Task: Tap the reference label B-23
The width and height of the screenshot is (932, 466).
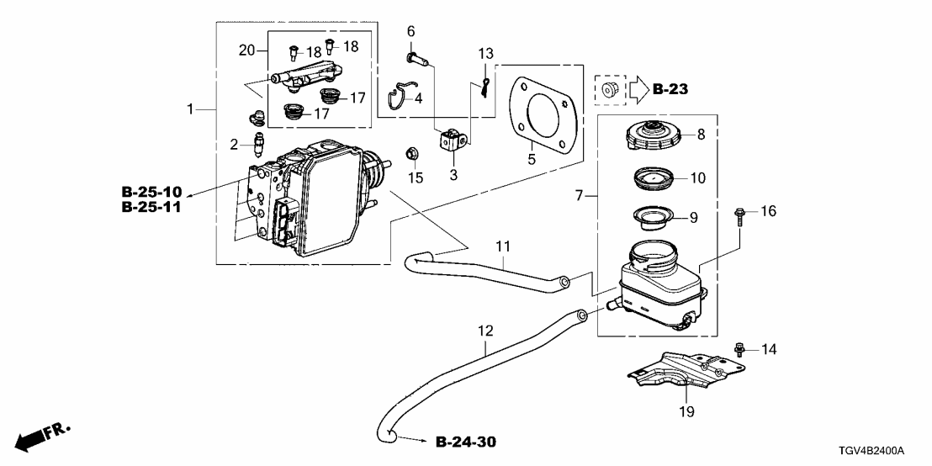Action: tap(670, 88)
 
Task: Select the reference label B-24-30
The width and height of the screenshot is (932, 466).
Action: tap(472, 441)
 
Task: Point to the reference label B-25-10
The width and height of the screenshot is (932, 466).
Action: tap(151, 191)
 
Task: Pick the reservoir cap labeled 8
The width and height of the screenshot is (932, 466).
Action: tap(651, 135)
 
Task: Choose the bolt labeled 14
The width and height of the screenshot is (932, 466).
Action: tap(740, 347)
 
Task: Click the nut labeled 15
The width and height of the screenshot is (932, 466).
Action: tap(413, 154)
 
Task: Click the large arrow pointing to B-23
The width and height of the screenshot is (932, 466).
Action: tap(638, 88)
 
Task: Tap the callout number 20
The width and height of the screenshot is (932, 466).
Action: tap(246, 50)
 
